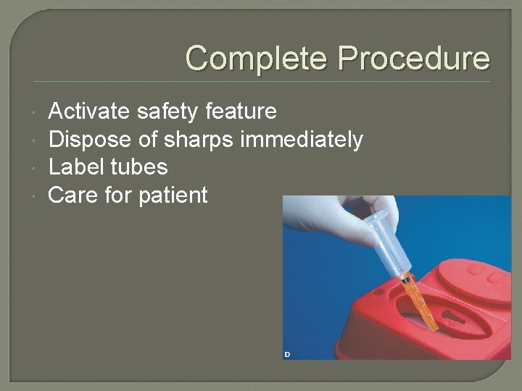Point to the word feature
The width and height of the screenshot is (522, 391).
click(241, 112)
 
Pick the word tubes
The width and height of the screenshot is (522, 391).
click(139, 167)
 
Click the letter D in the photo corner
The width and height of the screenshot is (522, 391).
click(287, 354)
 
